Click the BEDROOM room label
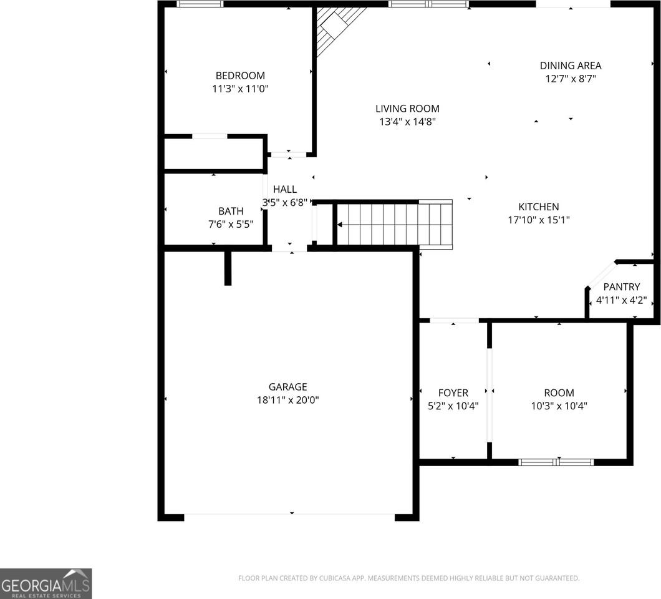click(x=240, y=75)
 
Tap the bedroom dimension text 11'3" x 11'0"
click(x=240, y=89)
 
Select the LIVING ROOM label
click(x=407, y=109)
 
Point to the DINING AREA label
click(x=571, y=66)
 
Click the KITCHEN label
click(x=539, y=207)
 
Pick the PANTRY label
click(x=621, y=287)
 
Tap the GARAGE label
click(x=287, y=387)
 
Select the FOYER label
click(x=453, y=393)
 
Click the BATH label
click(x=230, y=211)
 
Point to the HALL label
click(x=285, y=189)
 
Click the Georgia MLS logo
click(x=46, y=583)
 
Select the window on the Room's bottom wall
click(x=556, y=462)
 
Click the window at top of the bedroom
click(x=200, y=4)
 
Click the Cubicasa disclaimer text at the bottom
click(x=408, y=578)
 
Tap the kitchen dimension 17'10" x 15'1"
click(x=539, y=220)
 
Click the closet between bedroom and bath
click(x=213, y=153)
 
